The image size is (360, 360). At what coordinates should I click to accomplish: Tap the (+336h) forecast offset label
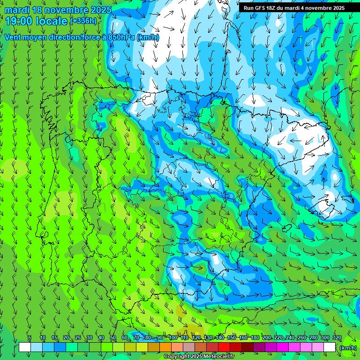point(83,21)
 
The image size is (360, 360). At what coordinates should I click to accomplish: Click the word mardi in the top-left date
point(16,10)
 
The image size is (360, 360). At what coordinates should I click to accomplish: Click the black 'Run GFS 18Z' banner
point(294,7)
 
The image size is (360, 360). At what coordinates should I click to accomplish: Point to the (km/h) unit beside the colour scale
point(348,348)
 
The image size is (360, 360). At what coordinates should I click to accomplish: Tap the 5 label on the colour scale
point(30,337)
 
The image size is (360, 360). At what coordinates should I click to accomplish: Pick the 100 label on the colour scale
point(172,337)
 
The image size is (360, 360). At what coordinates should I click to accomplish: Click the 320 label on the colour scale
point(337,337)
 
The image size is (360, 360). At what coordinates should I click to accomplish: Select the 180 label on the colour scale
point(255,337)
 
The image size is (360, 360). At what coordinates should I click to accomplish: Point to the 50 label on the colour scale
point(113,337)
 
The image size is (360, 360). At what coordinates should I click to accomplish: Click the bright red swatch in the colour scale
point(224,347)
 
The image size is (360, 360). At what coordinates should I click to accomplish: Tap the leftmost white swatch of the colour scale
point(25,347)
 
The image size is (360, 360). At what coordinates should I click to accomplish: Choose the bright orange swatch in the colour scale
point(165,347)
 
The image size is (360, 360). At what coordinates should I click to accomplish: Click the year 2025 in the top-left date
point(99,10)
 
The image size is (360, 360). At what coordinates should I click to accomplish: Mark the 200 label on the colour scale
point(266,337)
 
